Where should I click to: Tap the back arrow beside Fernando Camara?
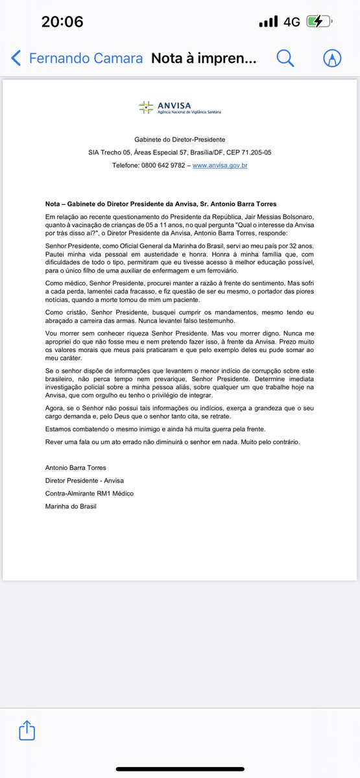click(16, 58)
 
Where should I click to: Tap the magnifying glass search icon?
click(285, 58)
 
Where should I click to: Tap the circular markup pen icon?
click(332, 58)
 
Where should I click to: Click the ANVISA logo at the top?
click(180, 107)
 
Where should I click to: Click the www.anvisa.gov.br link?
click(220, 165)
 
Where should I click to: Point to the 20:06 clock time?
click(62, 21)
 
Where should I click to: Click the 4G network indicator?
click(291, 21)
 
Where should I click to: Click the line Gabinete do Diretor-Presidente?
click(180, 139)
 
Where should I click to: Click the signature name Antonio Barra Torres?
click(76, 467)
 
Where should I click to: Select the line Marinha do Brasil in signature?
click(71, 506)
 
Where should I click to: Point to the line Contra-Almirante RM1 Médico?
click(90, 493)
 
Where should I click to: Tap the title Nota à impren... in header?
click(204, 58)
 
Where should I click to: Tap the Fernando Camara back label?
click(86, 58)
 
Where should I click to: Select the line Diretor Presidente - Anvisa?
click(84, 480)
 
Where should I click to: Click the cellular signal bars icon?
click(268, 21)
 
